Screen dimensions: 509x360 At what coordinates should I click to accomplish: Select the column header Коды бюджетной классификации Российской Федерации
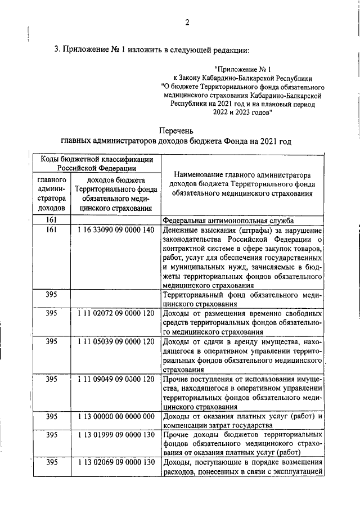tap(97, 164)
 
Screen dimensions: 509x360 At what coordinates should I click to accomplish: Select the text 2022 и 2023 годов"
tap(242, 112)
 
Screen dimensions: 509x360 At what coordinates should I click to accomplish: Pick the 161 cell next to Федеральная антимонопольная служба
tap(52, 221)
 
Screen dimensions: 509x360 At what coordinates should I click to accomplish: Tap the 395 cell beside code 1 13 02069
tap(52, 463)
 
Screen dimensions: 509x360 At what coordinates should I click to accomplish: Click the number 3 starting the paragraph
tap(56, 49)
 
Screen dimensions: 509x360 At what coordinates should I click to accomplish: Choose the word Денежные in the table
tap(178, 231)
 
